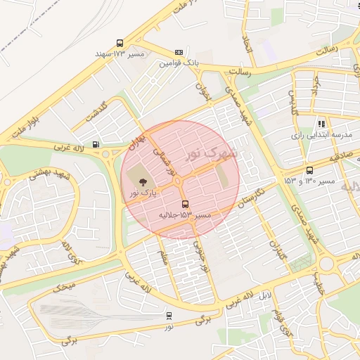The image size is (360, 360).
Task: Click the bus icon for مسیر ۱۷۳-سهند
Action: coord(120,42)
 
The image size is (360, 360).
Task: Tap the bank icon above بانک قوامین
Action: coord(179,52)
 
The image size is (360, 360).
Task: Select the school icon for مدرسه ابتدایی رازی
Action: coord(321,124)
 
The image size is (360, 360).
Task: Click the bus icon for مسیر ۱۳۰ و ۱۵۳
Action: coord(310,170)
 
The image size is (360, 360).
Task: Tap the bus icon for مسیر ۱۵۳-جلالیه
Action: coord(185,205)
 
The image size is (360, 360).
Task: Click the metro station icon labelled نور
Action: coord(169,316)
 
